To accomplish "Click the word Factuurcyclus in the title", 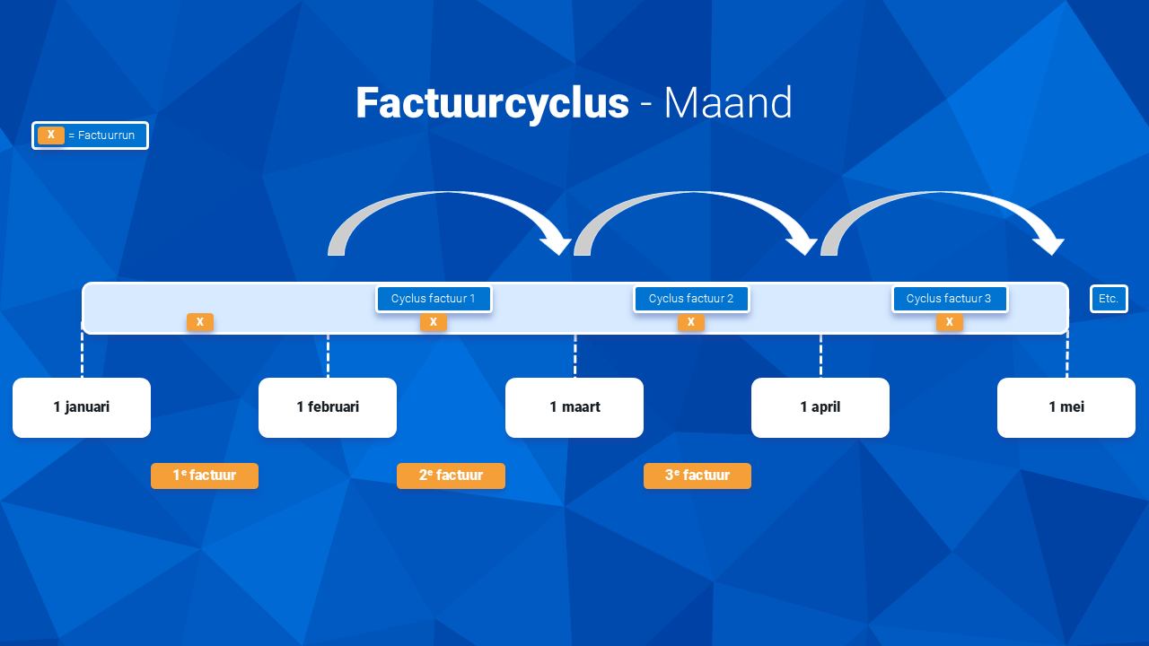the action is (x=493, y=103).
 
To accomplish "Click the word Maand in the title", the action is (x=728, y=103).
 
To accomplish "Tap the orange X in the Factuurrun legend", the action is (x=51, y=135).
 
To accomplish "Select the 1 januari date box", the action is (x=82, y=407).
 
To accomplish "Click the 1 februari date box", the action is (x=328, y=407).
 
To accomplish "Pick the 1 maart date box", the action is (x=574, y=407).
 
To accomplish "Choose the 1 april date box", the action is (x=820, y=407).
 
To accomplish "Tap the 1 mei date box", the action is (x=1066, y=407).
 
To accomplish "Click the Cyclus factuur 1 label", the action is (x=434, y=299).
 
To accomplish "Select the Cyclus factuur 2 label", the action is (x=691, y=299).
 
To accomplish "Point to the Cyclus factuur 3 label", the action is (x=949, y=299).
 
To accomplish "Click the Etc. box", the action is (x=1109, y=299).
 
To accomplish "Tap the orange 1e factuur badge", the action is (x=205, y=476).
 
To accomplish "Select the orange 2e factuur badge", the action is (x=451, y=476).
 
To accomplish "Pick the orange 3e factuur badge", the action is (x=697, y=476).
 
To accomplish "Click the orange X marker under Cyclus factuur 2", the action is (x=691, y=322).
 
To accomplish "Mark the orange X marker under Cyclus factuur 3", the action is (x=950, y=322).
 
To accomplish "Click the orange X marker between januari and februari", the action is (x=200, y=322).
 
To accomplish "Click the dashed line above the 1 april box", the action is (x=820, y=356).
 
